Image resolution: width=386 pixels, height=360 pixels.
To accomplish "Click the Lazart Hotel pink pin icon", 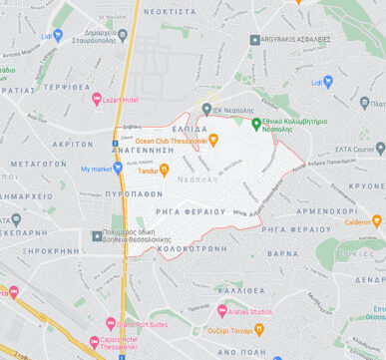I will (97, 99).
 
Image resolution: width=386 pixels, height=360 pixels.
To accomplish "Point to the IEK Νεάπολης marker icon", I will (206, 110).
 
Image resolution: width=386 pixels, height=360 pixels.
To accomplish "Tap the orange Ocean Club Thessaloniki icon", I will (213, 140).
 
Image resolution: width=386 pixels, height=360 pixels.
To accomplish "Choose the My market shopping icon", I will (118, 169).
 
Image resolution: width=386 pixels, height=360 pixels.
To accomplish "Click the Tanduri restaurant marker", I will (165, 170).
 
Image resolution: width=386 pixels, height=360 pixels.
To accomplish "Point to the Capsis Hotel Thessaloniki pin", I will (92, 338).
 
